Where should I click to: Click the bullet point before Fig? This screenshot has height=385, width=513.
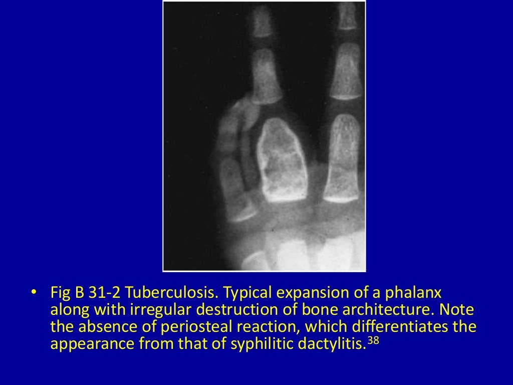[33, 292]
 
